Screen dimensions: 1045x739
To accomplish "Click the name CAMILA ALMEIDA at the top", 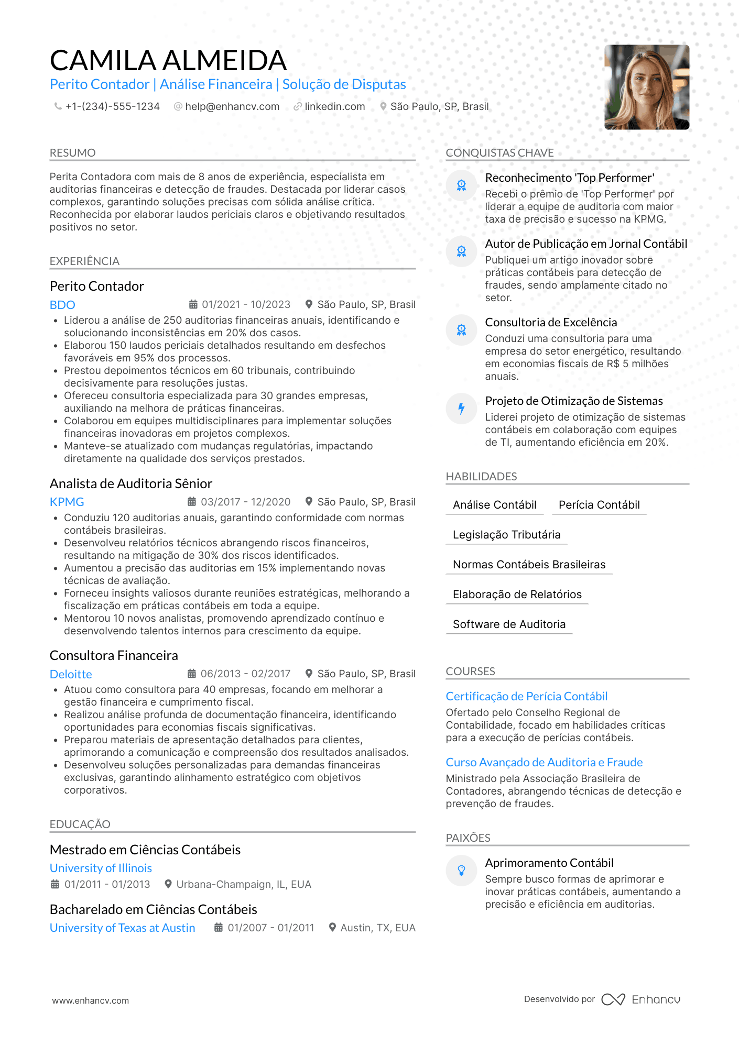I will (168, 60).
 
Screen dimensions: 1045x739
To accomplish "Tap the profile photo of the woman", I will (646, 87).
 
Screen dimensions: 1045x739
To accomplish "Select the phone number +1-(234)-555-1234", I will (112, 106).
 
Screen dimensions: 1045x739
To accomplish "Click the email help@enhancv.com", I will (232, 106).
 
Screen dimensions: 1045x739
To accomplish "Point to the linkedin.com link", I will (334, 106).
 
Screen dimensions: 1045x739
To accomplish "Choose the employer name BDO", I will (62, 305).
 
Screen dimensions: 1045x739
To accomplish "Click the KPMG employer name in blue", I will (67, 502).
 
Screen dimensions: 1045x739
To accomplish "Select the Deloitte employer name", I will (71, 674).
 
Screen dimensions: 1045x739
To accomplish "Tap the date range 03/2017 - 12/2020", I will (245, 502).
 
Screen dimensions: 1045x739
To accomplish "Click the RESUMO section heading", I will (73, 153).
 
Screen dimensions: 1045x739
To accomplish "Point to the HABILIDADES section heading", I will (481, 477).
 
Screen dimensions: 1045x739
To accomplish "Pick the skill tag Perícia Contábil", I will (599, 505).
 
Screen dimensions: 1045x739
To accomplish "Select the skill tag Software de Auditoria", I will (509, 624).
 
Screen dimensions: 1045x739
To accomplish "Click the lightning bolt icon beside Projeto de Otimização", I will (461, 409).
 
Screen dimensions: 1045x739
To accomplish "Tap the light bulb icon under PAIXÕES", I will (461, 871).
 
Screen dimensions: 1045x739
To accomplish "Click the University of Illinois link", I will (101, 868).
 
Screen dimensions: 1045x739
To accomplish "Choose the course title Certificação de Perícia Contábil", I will (526, 696).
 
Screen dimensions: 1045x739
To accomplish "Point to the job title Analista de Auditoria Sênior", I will (131, 483).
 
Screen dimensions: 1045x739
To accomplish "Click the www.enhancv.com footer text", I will (90, 1000).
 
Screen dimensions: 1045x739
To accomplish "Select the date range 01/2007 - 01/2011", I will (270, 928).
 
